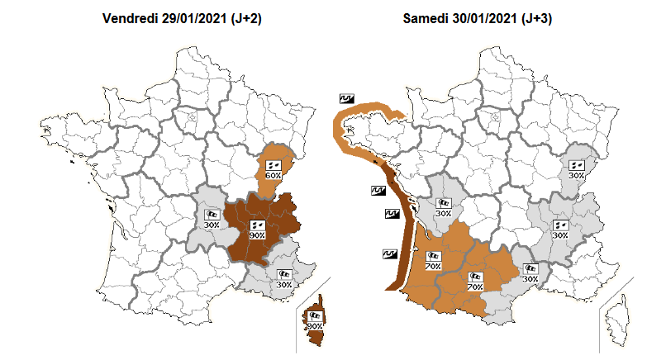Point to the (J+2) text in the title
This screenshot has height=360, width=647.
coord(245,18)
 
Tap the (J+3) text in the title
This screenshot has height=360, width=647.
coord(540,18)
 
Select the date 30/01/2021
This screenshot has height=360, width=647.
coord(487,18)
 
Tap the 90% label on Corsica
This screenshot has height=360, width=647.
coord(314,326)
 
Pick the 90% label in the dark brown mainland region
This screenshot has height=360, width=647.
coord(256,235)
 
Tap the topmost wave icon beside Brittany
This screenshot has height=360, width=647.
coord(346,98)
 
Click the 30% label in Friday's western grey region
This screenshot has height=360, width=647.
coord(212,225)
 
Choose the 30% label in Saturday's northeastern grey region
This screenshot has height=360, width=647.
coord(576,176)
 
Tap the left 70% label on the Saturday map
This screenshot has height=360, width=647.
coord(431,266)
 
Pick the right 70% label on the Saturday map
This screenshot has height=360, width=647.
coord(475,287)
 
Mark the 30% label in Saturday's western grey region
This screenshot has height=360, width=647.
coord(444,213)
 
